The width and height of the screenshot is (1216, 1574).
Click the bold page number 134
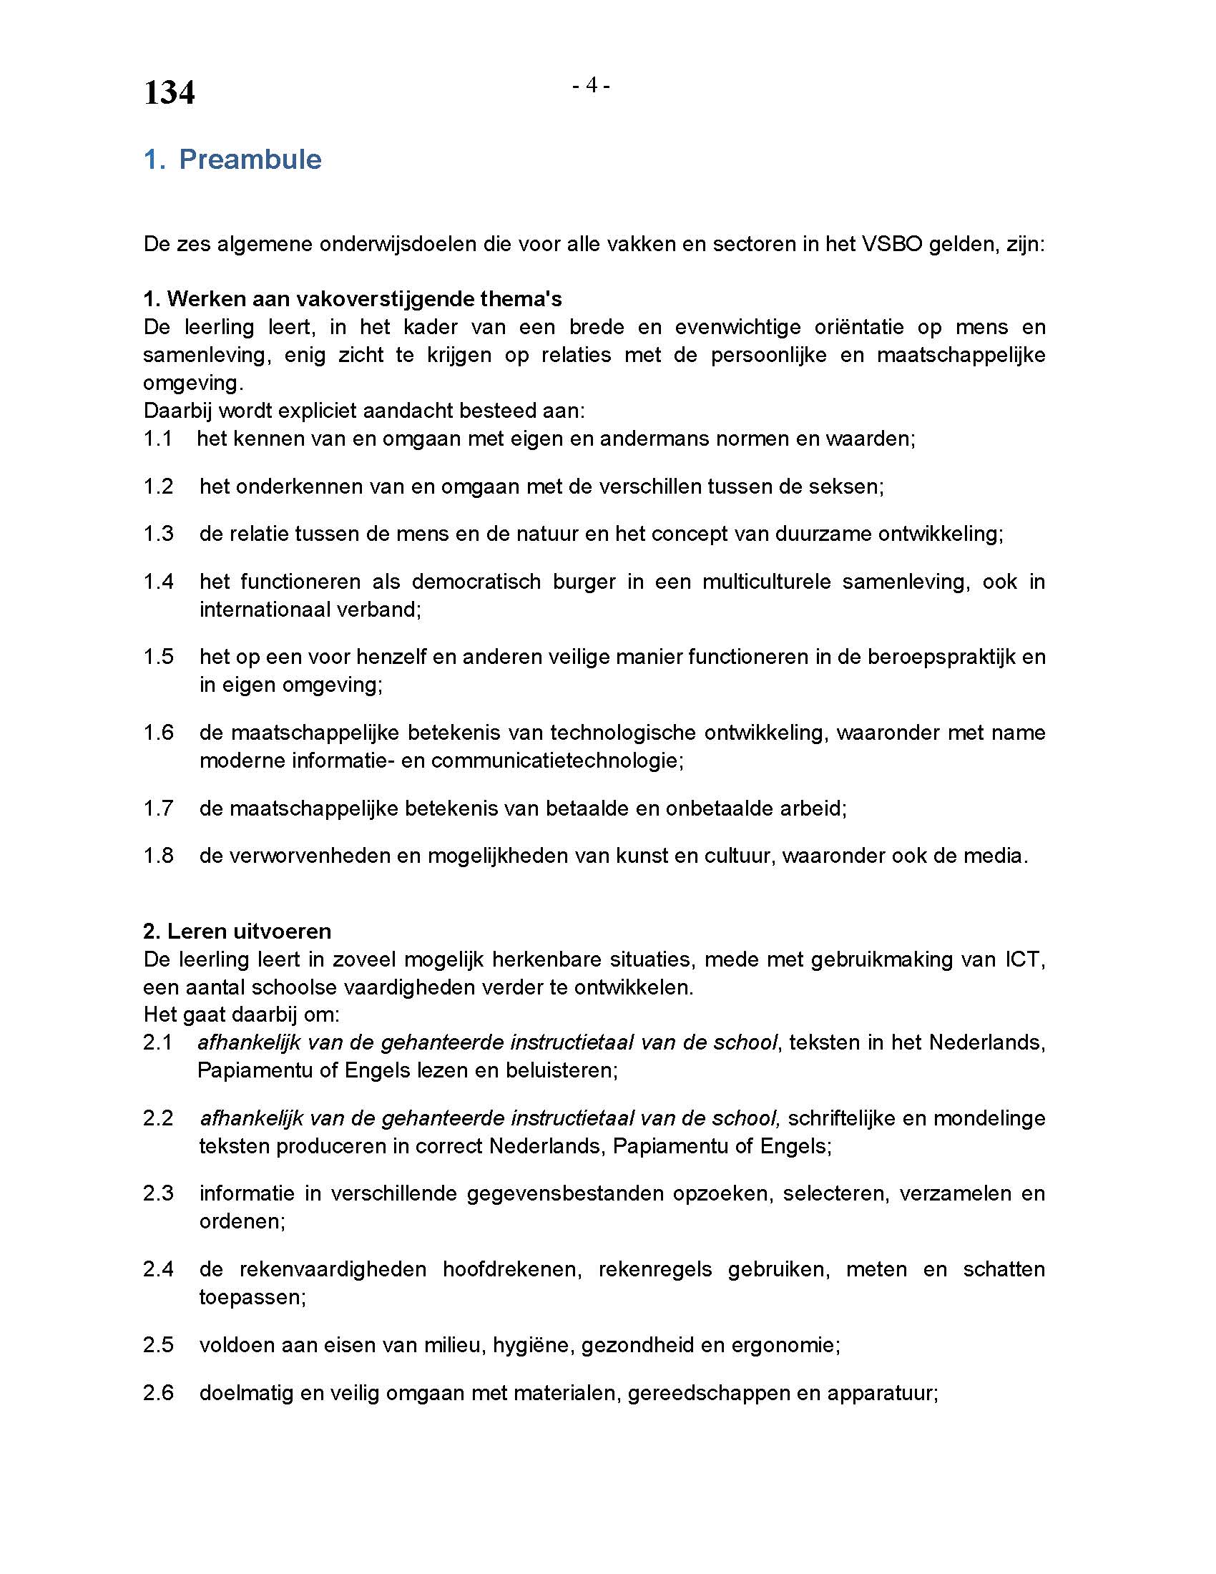click(x=170, y=93)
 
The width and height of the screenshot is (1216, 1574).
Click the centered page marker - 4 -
click(x=591, y=86)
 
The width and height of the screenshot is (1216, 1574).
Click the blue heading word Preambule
click(x=250, y=160)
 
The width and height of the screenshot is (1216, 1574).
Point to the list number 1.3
click(x=159, y=534)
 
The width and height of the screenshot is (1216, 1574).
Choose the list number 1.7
click(x=159, y=808)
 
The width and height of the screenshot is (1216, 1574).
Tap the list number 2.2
click(x=159, y=1118)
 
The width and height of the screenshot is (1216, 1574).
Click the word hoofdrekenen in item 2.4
click(x=512, y=1269)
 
